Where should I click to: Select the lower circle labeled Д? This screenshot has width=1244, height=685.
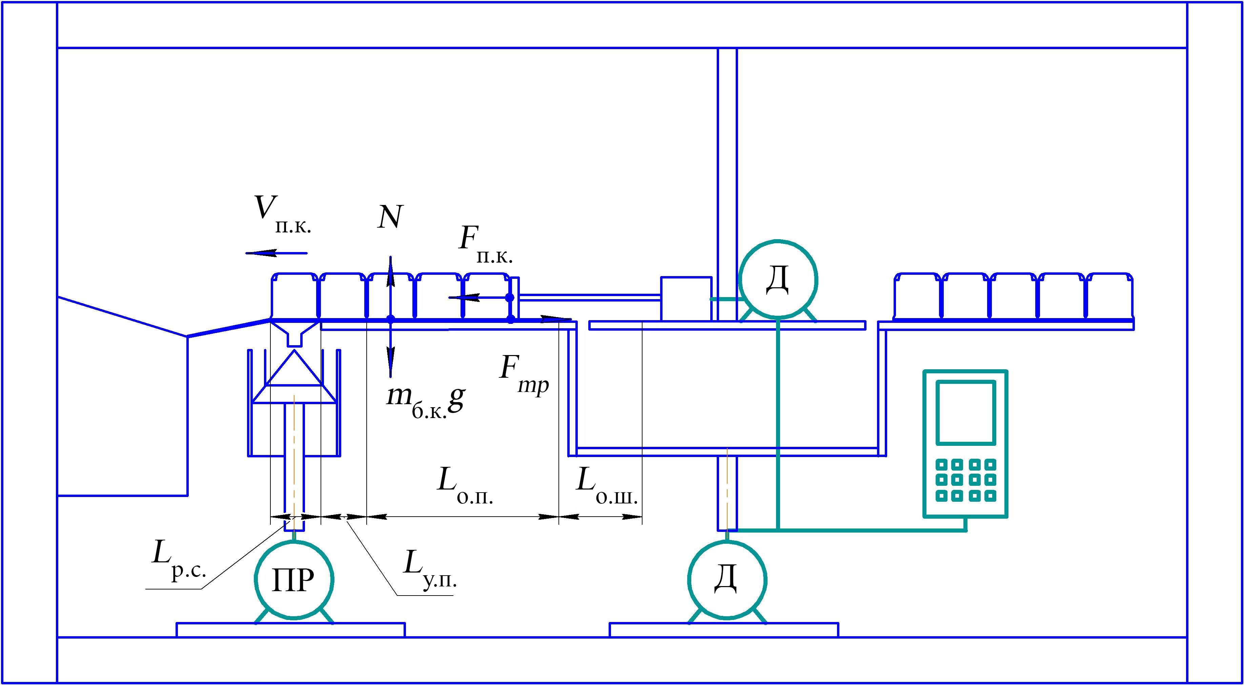(727, 580)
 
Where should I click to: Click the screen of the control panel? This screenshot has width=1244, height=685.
(966, 412)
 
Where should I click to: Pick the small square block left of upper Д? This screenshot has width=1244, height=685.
(686, 298)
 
